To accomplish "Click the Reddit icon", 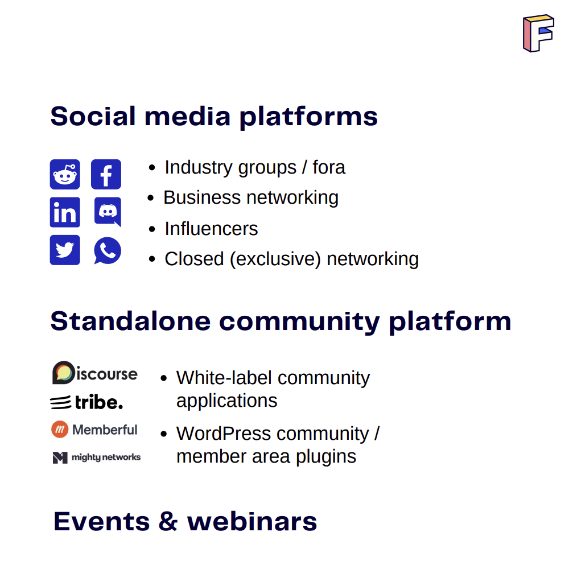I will pyautogui.click(x=65, y=174).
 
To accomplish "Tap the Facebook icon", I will pyautogui.click(x=106, y=174).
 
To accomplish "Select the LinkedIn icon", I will pyautogui.click(x=65, y=212).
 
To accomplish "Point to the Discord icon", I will pyautogui.click(x=108, y=212).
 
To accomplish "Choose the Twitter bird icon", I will pyautogui.click(x=65, y=250).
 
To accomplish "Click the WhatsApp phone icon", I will pyautogui.click(x=108, y=250).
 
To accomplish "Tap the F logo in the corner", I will pyautogui.click(x=538, y=34).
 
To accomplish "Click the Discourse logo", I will pyautogui.click(x=95, y=373).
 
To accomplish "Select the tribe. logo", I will pyautogui.click(x=86, y=403).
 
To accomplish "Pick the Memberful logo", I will pyautogui.click(x=94, y=430).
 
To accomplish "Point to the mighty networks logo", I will pyautogui.click(x=96, y=457).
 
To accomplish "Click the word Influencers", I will pyautogui.click(x=211, y=229).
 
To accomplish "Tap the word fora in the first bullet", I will pyautogui.click(x=329, y=167).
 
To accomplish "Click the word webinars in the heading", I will pyautogui.click(x=252, y=522).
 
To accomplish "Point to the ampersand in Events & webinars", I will pyautogui.click(x=168, y=522).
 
